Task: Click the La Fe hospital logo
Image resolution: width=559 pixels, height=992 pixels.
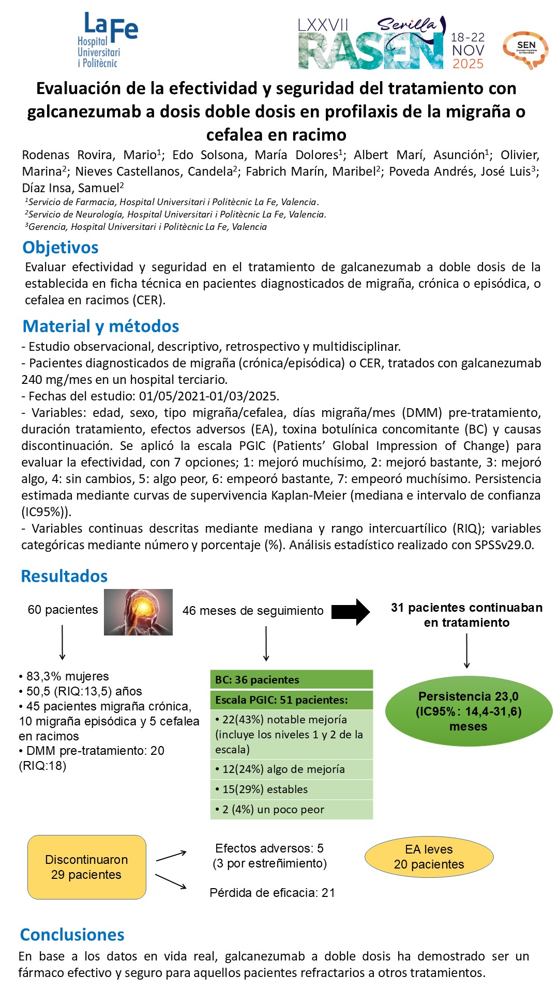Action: [x=107, y=40]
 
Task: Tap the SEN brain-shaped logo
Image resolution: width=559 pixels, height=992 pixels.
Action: [x=525, y=50]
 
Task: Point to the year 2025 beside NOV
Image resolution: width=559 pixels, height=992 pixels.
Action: [x=468, y=64]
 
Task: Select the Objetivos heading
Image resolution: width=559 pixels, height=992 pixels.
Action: [x=61, y=247]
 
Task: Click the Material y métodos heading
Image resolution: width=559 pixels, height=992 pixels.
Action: [x=101, y=326]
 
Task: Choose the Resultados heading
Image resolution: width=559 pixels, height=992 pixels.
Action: [x=64, y=576]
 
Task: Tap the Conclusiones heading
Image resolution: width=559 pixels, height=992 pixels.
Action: [x=72, y=934]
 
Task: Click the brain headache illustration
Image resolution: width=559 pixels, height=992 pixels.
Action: [x=138, y=612]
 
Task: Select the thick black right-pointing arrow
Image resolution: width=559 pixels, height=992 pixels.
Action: [x=351, y=611]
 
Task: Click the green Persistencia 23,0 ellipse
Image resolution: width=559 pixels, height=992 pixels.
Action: [x=469, y=711]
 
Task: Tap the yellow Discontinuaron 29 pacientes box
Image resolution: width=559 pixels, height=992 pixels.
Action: [x=87, y=867]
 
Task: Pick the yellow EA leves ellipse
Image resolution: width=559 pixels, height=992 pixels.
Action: [x=429, y=857]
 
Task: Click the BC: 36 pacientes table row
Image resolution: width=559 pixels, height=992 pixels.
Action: [x=291, y=679]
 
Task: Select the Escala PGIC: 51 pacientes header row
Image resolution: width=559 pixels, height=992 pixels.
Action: [x=291, y=700]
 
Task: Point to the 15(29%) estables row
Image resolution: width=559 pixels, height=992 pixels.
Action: [x=291, y=789]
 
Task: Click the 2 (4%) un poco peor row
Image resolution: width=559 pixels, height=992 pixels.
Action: [x=291, y=809]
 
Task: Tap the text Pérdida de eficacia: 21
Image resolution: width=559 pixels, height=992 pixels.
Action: [x=272, y=892]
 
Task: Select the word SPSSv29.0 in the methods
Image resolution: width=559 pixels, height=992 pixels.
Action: [x=504, y=545]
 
